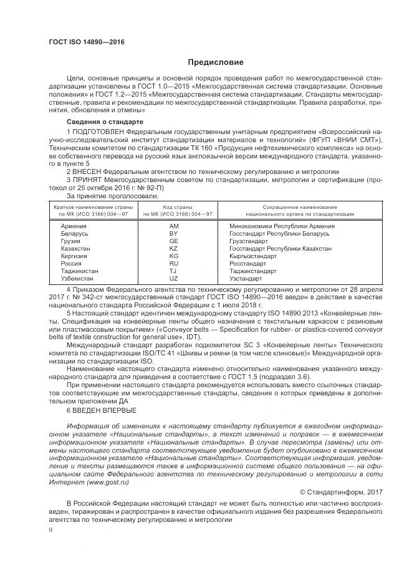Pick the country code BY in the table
(x=173, y=233)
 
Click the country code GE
(x=173, y=240)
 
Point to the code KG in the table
(x=173, y=256)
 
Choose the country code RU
(x=173, y=263)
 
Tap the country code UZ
(x=173, y=279)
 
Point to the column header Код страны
(x=174, y=206)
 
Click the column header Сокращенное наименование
(x=299, y=206)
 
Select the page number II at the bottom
(x=52, y=529)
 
